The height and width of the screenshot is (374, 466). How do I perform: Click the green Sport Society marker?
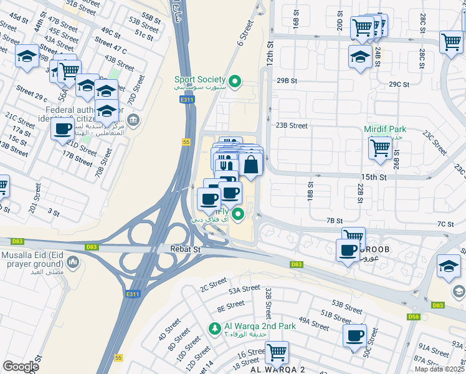(x=235, y=80)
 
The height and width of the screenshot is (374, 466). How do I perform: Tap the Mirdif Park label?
(x=385, y=130)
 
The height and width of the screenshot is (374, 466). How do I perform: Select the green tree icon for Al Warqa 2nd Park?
(x=214, y=328)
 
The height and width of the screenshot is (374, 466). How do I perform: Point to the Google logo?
(x=21, y=366)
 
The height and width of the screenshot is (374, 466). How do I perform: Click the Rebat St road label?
(x=186, y=249)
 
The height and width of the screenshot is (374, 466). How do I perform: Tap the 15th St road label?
(x=374, y=177)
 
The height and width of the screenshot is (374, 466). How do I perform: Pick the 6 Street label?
(x=245, y=32)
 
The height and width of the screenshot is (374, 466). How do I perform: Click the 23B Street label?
(x=292, y=125)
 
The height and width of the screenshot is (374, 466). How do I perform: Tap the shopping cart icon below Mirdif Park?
(x=380, y=148)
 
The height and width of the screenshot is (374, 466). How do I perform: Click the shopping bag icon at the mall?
(x=251, y=165)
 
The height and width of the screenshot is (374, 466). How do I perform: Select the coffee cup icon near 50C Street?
(x=354, y=335)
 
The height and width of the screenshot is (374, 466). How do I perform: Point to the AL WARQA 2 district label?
(x=277, y=369)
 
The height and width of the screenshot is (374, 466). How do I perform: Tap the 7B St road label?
(x=335, y=221)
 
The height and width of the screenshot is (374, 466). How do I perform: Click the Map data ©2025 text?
(x=440, y=369)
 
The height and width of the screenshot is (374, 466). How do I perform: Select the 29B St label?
(x=287, y=80)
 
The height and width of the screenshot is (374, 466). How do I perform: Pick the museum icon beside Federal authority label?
(x=133, y=120)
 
